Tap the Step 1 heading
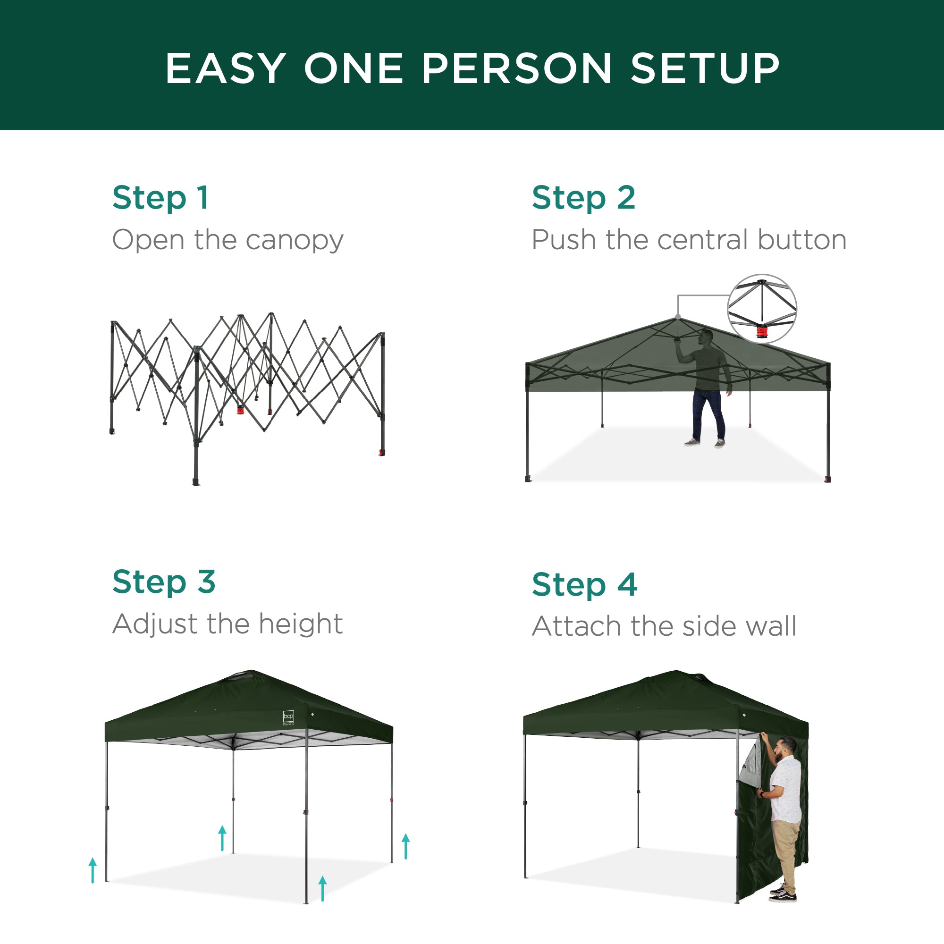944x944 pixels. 161,197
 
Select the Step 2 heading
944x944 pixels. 583,197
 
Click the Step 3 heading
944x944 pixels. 164,582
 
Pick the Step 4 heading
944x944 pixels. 584,584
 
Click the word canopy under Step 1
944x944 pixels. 295,241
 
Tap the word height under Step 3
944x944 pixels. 301,624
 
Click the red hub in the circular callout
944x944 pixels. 762,333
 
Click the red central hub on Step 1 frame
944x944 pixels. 240,409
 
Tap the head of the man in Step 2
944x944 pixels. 706,337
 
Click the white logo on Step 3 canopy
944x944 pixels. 288,717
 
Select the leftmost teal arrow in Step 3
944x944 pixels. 93,870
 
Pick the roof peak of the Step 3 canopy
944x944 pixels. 250,673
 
